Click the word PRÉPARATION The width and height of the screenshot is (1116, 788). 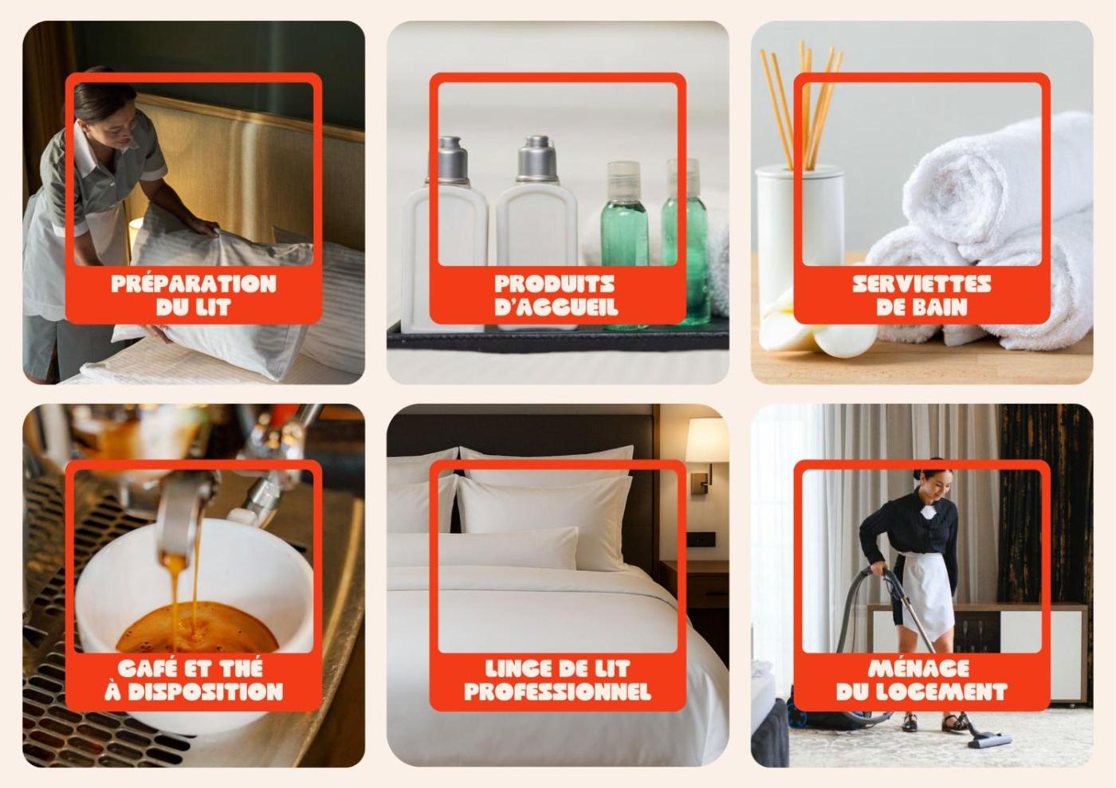[193, 284]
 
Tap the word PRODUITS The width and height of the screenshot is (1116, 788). [555, 284]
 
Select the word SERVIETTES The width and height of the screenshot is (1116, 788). [921, 284]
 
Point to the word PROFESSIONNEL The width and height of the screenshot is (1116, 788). [557, 692]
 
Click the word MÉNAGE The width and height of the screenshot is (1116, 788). [918, 668]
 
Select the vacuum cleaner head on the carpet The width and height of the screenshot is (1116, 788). [989, 739]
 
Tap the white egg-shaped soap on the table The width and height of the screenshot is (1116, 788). [844, 339]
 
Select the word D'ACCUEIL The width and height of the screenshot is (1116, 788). [556, 307]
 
